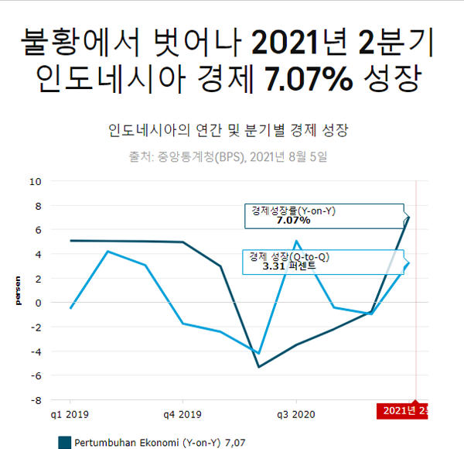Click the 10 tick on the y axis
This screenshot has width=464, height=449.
pyautogui.click(x=36, y=182)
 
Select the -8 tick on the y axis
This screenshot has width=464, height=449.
pyautogui.click(x=35, y=400)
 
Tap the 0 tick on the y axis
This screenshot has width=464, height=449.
pyautogui.click(x=38, y=303)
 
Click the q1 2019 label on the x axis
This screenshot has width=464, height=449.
pyautogui.click(x=70, y=414)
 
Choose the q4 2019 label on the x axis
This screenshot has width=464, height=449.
pyautogui.click(x=183, y=414)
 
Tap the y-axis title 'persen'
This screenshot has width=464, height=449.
pyautogui.click(x=17, y=291)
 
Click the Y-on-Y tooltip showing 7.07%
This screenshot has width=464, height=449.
pyautogui.click(x=324, y=215)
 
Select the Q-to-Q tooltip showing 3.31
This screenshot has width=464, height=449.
pyautogui.click(x=324, y=262)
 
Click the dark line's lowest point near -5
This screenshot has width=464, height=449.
pyautogui.click(x=258, y=366)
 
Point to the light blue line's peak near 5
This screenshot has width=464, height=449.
pyautogui.click(x=296, y=242)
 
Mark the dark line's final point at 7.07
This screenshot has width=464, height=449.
pyautogui.click(x=408, y=217)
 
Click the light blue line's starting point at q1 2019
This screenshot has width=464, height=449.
pyautogui.click(x=70, y=308)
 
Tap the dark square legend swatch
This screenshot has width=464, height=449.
pyautogui.click(x=65, y=442)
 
